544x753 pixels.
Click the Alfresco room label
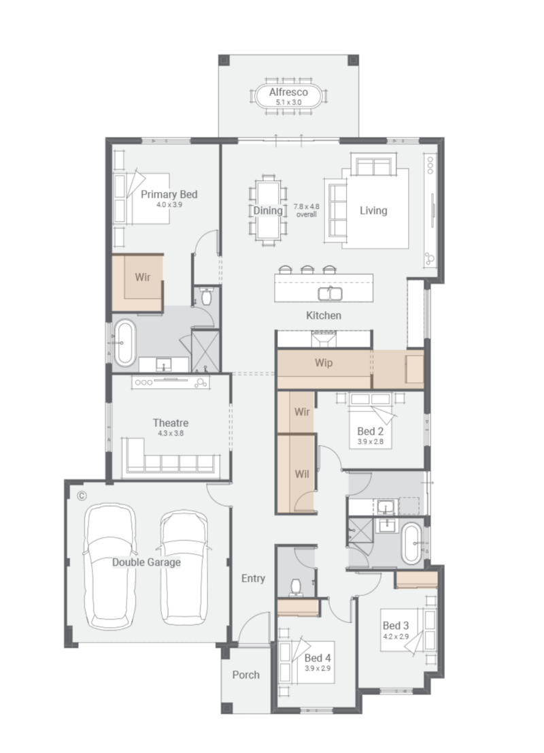coord(288,92)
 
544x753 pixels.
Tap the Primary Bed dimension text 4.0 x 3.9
coord(169,204)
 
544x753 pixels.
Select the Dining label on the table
coord(268,210)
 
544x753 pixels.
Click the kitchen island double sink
coord(330,293)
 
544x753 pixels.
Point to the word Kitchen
coord(324,315)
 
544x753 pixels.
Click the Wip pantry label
coord(324,363)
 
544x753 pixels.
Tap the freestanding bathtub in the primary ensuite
coord(124,342)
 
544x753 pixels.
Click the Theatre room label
coord(171,423)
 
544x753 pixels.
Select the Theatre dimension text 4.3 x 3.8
coord(171,433)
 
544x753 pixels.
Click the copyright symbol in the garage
coord(82,496)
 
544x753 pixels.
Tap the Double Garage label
coord(146,562)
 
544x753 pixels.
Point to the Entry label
coord(253,578)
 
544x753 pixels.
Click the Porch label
coord(246,675)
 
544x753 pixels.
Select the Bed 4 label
coord(318,658)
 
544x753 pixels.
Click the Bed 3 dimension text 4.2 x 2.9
coord(396,637)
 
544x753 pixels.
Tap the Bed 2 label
coord(371,431)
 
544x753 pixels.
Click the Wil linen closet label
coord(302,474)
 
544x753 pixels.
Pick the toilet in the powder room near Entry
coord(296,587)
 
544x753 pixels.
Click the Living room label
coord(373,210)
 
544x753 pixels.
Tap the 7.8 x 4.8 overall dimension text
coord(307,210)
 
